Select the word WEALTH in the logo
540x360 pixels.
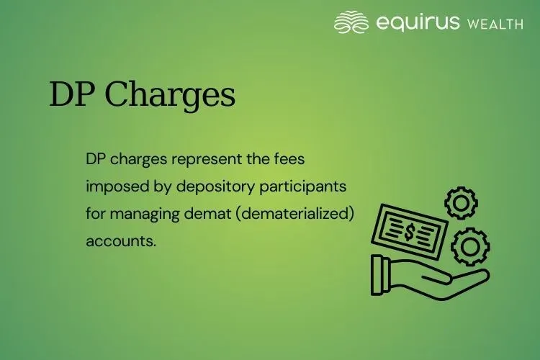tap(495, 24)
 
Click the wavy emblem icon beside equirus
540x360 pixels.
tap(352, 22)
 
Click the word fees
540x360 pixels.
tap(296, 158)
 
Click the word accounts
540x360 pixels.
tap(120, 241)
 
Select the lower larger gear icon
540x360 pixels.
tap(471, 247)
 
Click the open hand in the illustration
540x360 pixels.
tap(425, 277)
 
